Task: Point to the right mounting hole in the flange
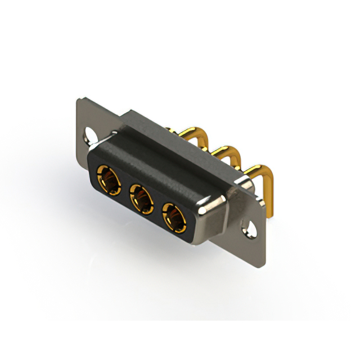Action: point(246,229)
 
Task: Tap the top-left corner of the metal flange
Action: point(79,100)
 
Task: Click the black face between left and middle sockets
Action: point(124,191)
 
